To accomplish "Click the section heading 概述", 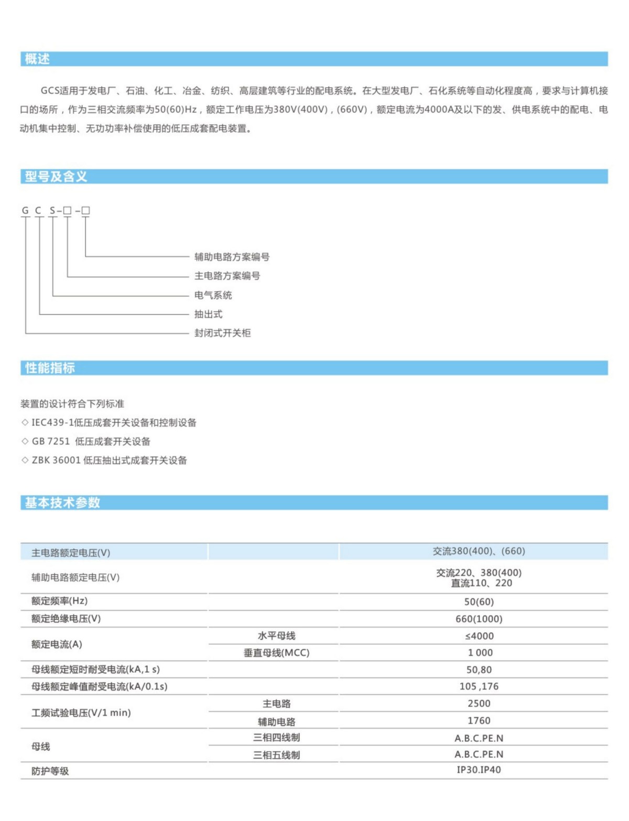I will (37, 59).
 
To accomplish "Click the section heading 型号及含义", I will (56, 177).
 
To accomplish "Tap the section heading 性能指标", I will (50, 368).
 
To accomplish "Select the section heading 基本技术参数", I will (62, 502).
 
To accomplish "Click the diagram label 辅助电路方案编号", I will (232, 257).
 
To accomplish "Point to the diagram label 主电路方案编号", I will (227, 276).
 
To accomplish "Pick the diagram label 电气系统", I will (213, 295).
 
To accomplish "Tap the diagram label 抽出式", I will (208, 314).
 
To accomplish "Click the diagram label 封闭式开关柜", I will (222, 333).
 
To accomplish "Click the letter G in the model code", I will (25, 211).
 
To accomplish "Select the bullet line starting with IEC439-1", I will (113, 422).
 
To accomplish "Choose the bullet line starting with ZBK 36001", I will (109, 460).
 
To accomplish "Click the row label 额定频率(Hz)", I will (59, 601).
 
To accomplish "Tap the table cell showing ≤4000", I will (479, 636).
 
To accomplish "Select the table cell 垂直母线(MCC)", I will (276, 653).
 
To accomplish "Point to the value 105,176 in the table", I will (479, 686).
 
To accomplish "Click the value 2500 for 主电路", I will (479, 703).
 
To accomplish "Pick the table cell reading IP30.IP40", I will (479, 770).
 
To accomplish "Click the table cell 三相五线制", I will (276, 755).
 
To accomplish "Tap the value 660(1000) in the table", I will (479, 619).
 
